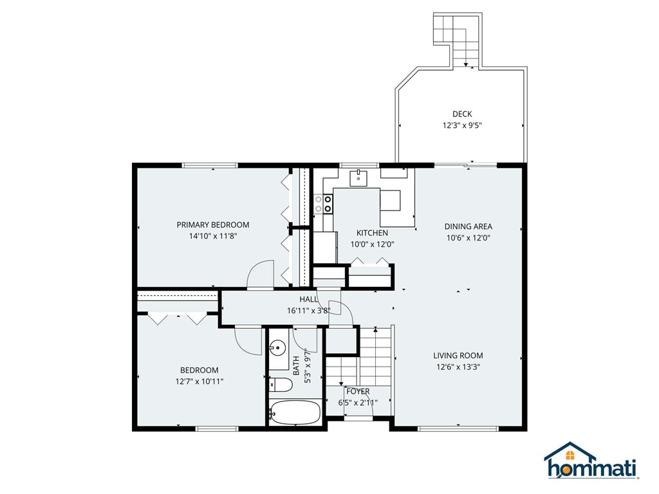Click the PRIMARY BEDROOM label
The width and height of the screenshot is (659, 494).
[212, 224]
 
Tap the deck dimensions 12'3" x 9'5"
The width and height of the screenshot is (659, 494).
[461, 125]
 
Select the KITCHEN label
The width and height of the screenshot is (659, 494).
[372, 233]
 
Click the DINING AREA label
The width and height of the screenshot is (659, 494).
[468, 226]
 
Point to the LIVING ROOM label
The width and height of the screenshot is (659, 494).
[458, 355]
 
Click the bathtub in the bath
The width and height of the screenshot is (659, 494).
[295, 412]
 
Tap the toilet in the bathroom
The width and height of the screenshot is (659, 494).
[281, 385]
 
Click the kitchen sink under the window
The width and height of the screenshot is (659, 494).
[358, 177]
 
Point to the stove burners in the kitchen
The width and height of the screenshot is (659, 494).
[322, 204]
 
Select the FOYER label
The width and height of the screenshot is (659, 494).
[358, 391]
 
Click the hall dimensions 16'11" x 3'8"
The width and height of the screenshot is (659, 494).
[309, 310]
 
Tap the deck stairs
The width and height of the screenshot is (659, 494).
[457, 39]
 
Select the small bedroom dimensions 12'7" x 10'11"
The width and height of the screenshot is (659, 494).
[199, 381]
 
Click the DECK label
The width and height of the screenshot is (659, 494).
[461, 114]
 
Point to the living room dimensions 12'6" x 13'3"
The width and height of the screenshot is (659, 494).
[458, 367]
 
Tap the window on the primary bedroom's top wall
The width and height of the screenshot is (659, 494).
[210, 165]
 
